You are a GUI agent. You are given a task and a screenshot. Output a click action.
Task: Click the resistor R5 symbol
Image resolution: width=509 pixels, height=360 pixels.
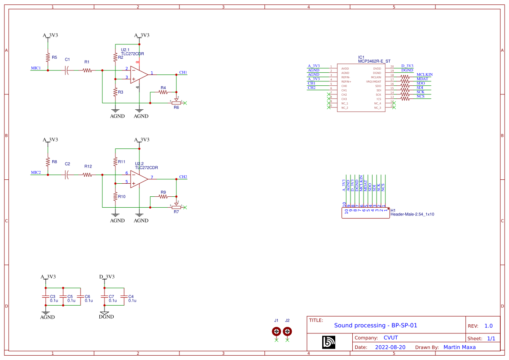48,57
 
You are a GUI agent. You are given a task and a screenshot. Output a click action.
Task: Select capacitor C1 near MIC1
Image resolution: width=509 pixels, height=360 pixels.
67,70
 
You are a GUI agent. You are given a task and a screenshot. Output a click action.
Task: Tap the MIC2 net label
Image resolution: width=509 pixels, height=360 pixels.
36,172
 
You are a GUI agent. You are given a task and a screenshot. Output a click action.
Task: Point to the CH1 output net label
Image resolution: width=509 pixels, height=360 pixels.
183,72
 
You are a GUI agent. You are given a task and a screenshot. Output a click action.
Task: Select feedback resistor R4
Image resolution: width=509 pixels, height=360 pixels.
163,92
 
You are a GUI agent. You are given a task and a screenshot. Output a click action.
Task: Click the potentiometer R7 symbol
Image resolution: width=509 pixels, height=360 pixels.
176,207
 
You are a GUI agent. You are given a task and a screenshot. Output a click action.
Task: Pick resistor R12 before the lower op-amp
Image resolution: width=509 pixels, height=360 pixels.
88,175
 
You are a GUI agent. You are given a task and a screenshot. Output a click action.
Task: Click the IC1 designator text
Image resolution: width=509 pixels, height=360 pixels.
361,57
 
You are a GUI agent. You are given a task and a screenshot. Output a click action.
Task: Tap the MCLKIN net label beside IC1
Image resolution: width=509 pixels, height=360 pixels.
425,74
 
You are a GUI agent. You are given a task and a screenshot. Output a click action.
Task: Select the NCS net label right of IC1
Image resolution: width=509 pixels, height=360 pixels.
421,96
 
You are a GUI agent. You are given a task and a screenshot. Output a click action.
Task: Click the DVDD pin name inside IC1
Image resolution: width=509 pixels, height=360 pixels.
345,69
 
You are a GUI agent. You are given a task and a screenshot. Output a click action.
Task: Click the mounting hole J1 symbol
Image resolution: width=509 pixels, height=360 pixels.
276,332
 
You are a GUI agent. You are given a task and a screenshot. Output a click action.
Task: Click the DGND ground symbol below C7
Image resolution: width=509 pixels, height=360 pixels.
104,313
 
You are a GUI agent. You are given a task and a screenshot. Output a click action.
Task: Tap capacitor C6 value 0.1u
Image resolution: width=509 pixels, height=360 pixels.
89,300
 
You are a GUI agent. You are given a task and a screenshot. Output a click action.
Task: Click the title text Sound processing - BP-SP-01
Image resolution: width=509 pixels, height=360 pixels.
375,325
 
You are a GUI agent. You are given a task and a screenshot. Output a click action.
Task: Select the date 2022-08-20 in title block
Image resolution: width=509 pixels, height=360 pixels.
390,347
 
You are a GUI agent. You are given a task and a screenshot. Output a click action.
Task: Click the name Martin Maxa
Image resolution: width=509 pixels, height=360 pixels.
459,347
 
